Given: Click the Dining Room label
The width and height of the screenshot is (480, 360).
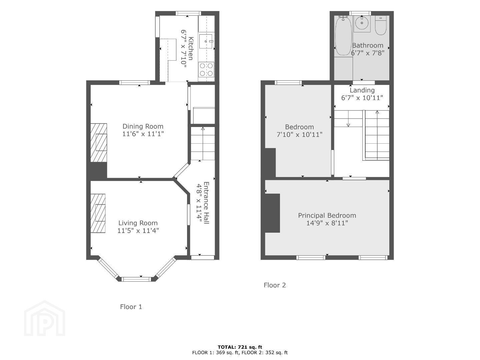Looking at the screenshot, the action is (x=143, y=126).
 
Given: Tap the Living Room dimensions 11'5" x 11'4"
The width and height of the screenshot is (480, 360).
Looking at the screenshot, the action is (x=138, y=231).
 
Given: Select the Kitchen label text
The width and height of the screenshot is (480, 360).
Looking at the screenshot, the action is (x=191, y=48).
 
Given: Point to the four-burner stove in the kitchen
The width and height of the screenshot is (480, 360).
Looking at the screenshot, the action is (x=206, y=69).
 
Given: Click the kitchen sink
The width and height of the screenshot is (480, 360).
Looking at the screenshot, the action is (x=206, y=41).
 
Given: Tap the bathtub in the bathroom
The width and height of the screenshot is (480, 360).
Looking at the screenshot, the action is (x=343, y=36).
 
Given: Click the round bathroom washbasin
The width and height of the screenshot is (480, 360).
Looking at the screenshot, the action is (x=362, y=23).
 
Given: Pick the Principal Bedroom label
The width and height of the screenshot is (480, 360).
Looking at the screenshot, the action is (x=327, y=216).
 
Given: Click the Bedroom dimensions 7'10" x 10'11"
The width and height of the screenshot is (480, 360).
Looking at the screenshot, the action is (x=299, y=134).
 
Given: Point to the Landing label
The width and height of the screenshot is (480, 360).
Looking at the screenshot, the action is (x=362, y=90).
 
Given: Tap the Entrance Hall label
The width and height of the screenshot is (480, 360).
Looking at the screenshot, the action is (x=206, y=203).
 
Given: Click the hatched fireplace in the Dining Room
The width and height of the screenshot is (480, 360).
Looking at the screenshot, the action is (x=99, y=143).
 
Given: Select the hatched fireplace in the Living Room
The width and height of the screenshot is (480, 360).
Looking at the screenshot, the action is (x=98, y=214).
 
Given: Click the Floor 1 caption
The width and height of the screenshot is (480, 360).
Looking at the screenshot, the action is (x=131, y=307).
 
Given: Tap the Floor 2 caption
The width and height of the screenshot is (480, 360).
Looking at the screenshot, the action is (x=275, y=285).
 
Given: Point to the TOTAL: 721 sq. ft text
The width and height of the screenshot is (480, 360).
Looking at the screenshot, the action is (x=240, y=347).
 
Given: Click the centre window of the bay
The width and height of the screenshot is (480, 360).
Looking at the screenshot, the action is (x=136, y=279).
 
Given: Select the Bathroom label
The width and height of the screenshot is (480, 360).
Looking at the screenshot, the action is (x=368, y=45).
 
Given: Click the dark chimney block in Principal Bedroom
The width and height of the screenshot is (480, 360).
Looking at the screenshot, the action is (x=272, y=213).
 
